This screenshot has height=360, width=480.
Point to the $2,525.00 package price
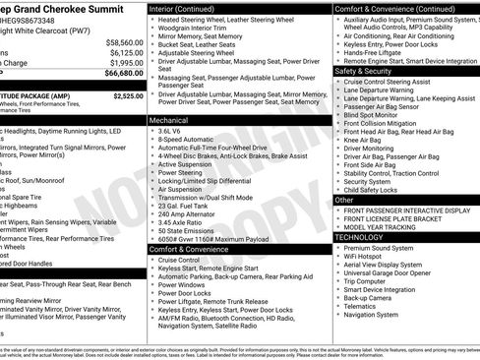click(x=128, y=96)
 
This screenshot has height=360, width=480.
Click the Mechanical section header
click(x=168, y=119)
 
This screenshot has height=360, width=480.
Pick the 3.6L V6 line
click(x=171, y=131)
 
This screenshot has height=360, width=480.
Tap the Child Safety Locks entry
click(x=377, y=190)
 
